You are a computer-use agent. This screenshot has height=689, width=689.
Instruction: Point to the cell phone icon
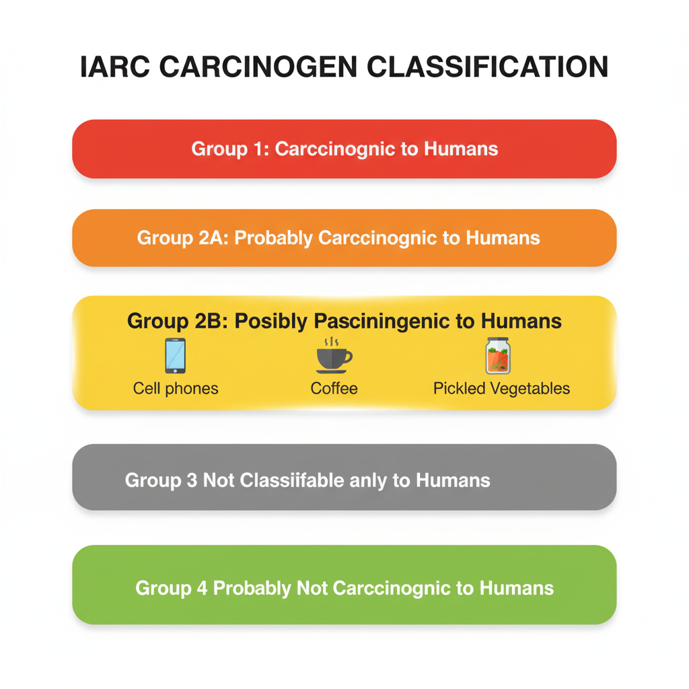[175, 355]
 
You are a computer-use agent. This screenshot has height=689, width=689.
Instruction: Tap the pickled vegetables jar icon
[498, 355]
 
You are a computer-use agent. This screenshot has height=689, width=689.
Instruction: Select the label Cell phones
[176, 388]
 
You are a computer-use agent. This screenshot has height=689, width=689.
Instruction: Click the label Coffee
[334, 388]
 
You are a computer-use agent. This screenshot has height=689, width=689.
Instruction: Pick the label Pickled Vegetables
[501, 388]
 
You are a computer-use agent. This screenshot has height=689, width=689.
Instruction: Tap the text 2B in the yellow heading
[211, 321]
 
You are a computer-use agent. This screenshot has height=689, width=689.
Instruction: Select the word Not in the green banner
[310, 588]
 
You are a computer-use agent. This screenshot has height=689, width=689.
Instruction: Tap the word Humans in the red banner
[460, 149]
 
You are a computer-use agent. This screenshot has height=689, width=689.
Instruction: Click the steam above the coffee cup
[332, 342]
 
